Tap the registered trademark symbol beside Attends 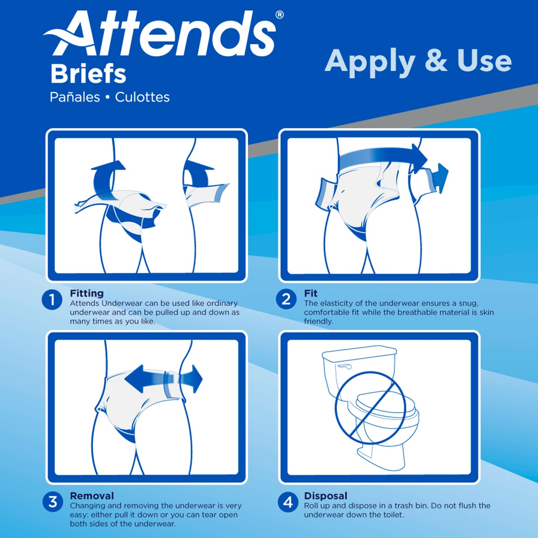click(279, 15)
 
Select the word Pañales click(75, 97)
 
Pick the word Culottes click(142, 97)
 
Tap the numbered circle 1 click(52, 300)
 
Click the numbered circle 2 click(286, 299)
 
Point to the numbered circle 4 click(288, 502)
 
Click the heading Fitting click(87, 293)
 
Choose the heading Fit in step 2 click(311, 293)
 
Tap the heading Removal click(92, 496)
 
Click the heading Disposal click(325, 496)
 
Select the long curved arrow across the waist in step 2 click(383, 158)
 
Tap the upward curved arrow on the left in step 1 click(106, 179)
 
